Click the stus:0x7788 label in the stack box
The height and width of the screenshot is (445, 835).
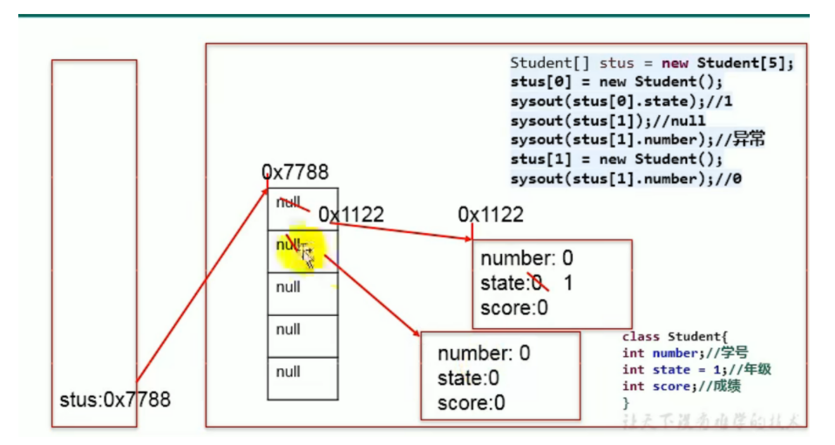[115, 400]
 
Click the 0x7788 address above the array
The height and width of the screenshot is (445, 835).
[295, 173]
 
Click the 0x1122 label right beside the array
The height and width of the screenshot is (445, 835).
[350, 215]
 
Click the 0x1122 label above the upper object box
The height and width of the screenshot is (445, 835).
[491, 215]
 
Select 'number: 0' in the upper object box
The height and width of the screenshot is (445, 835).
[526, 259]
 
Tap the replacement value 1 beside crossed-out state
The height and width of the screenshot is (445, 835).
[568, 284]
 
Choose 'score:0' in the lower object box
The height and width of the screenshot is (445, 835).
[471, 402]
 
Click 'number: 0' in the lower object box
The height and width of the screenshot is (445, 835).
[484, 353]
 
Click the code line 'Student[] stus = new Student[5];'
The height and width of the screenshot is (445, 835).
[652, 64]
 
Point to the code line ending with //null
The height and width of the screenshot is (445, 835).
[608, 120]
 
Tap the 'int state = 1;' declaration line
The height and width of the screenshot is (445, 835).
[696, 369]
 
